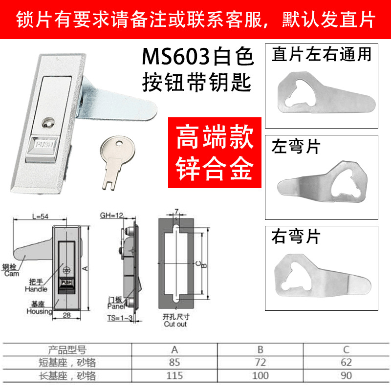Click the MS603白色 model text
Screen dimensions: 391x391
point(198,58)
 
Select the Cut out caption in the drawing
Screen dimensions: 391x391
point(175,324)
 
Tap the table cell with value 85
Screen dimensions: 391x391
point(174,363)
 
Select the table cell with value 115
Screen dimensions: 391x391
point(174,376)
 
